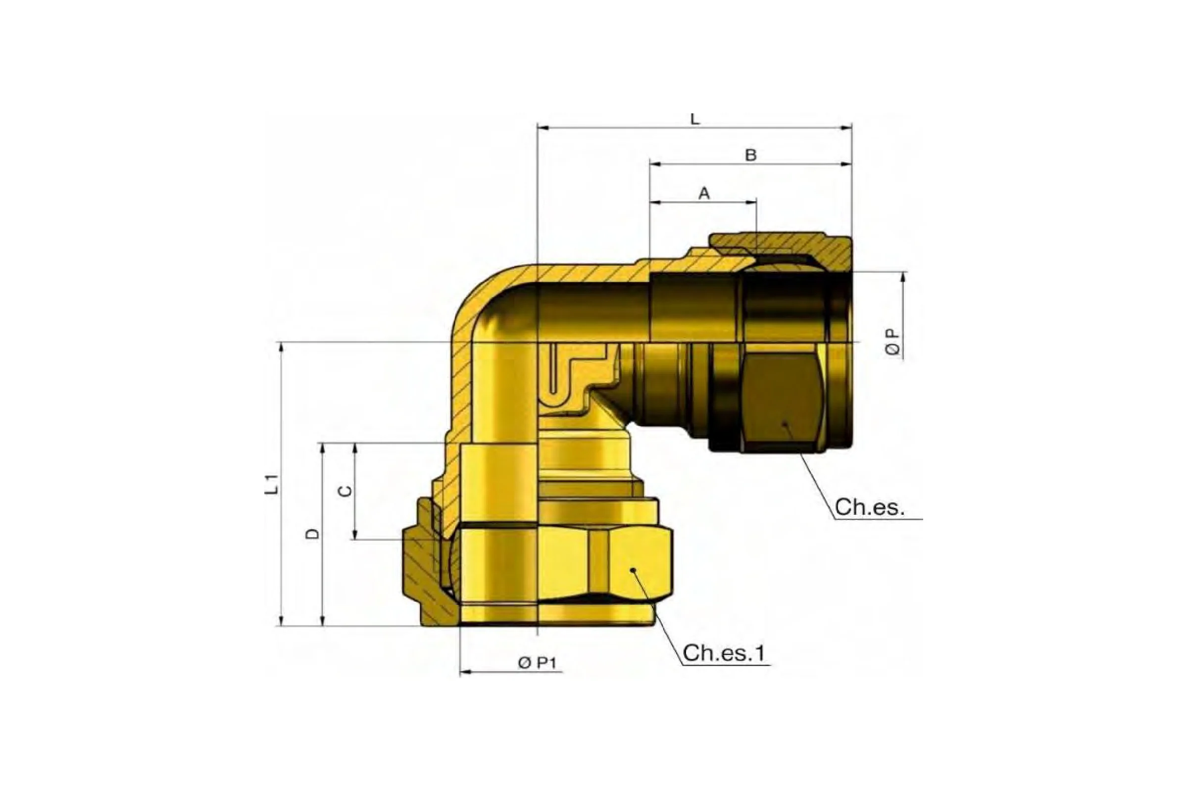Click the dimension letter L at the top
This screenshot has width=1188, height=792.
point(695,119)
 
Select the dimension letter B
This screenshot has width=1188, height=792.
point(751,155)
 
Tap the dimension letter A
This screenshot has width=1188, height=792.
point(704,193)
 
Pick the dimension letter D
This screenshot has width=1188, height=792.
point(313,534)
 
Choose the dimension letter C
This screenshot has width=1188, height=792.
point(345,491)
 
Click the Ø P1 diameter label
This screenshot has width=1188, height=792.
point(537,662)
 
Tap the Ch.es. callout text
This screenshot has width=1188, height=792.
point(869,506)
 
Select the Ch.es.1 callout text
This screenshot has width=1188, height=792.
point(724,652)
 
